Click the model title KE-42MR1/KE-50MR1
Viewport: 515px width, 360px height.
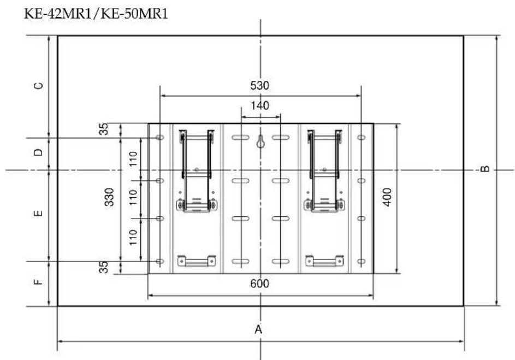coord(96,14)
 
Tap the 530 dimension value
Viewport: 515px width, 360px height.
coord(259,85)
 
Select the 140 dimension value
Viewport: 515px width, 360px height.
coord(260,106)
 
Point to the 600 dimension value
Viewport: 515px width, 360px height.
coord(259,284)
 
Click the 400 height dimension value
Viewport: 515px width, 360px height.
coord(388,197)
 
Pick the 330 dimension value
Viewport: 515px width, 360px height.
coord(109,197)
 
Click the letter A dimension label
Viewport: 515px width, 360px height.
coord(258,329)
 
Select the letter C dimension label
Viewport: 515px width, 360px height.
coord(38,86)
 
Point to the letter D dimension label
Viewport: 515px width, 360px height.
coord(38,152)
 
